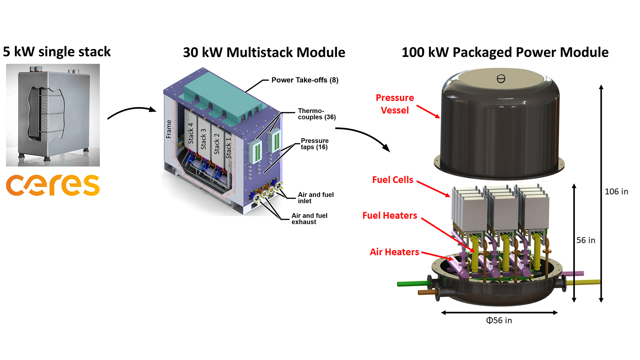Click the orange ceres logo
53,185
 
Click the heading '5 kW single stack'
57,52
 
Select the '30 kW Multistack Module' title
264,52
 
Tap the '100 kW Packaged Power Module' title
505,52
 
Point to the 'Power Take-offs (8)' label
305,80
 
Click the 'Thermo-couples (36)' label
316,114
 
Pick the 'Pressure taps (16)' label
314,144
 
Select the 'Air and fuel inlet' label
315,198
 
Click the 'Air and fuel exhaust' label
309,219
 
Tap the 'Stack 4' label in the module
191,133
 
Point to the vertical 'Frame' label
169,129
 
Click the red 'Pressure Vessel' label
395,104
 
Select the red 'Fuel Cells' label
393,180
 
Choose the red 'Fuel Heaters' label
390,216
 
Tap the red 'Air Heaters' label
394,252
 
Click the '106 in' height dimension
616,192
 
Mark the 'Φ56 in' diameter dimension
499,320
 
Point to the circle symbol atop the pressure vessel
501,79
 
